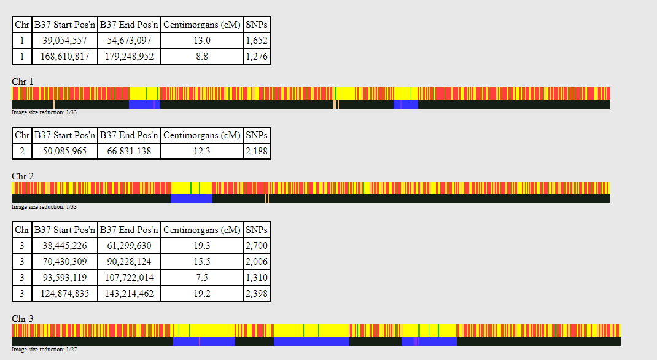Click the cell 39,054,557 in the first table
point(64,41)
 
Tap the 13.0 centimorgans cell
point(202,41)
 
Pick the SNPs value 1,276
point(257,57)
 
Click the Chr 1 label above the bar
point(23,82)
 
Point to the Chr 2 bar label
point(23,176)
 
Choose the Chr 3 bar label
point(23,319)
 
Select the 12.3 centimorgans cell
point(202,151)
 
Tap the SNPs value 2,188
point(257,151)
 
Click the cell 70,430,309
point(64,262)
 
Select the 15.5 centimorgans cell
point(202,262)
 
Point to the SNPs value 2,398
point(257,294)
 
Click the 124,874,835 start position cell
point(64,294)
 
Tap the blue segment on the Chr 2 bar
point(191,198)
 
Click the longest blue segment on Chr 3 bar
point(311,341)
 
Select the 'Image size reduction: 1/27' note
point(44,350)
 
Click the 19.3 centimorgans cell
point(202,246)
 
